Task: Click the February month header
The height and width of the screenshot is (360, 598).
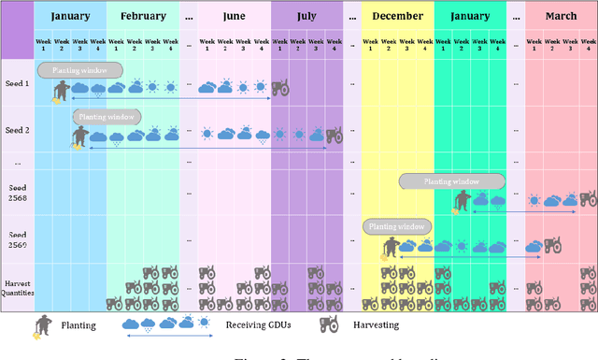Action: coord(143,16)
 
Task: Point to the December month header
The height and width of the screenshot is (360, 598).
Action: coord(397,16)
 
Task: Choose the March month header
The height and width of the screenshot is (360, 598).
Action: coord(561,16)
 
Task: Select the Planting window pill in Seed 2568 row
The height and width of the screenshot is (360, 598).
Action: coord(452,181)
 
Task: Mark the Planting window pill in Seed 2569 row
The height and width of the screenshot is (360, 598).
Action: coord(397,226)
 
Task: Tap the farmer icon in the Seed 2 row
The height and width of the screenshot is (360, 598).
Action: coord(80,138)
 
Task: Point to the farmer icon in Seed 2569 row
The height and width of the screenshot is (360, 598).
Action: coord(391,248)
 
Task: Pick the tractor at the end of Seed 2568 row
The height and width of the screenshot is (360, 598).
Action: coord(587,199)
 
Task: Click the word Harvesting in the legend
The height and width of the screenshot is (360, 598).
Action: coord(377,325)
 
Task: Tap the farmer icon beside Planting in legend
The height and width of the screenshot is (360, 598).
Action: coord(42,325)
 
